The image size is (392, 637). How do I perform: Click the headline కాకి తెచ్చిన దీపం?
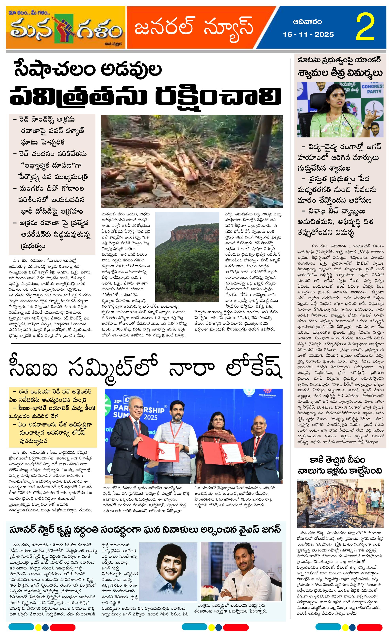click(337, 460)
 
